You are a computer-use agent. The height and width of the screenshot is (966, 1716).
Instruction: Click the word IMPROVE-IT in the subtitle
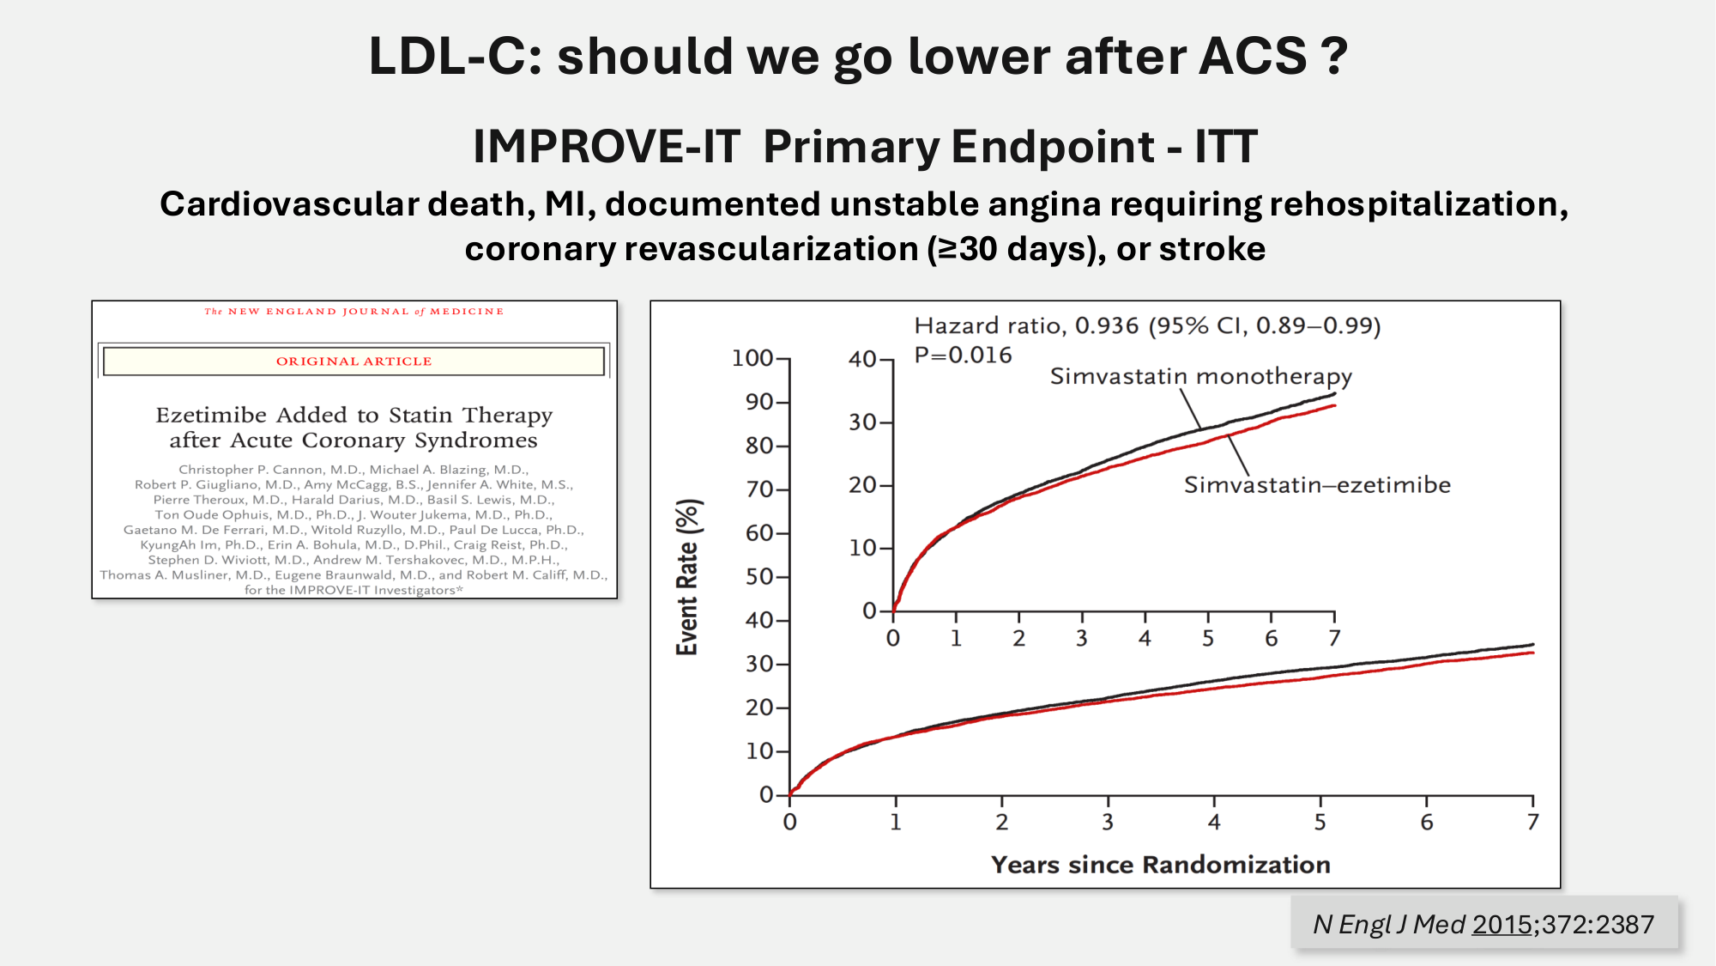pos(606,146)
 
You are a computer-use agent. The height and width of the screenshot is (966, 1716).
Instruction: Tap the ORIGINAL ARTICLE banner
pos(353,361)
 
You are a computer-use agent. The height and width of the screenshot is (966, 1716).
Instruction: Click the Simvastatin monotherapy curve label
pos(1200,376)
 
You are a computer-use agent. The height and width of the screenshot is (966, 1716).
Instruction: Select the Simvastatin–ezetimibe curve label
pos(1317,485)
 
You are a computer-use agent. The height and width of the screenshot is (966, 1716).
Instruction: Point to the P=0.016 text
pos(963,355)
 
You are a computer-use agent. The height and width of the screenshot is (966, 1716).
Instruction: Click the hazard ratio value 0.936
pos(1107,326)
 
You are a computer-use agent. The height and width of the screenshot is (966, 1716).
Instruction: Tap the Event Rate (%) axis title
pos(688,577)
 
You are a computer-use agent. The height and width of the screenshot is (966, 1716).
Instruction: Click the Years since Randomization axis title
pos(1160,865)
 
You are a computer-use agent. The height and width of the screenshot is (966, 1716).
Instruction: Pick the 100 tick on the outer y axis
pos(752,358)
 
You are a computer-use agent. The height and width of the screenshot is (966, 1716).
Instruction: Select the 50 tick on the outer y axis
pos(759,576)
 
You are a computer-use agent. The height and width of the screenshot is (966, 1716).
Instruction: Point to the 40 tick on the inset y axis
pos(862,359)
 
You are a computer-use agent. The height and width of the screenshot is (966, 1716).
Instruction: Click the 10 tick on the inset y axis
pos(862,548)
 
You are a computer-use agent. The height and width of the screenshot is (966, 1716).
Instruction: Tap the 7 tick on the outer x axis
pos(1532,823)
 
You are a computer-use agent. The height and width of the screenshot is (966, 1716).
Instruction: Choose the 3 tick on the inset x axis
pos(1082,639)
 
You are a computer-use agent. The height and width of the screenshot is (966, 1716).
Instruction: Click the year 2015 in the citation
pos(1502,925)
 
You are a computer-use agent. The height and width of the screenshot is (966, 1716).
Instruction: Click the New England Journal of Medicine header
pos(353,312)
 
